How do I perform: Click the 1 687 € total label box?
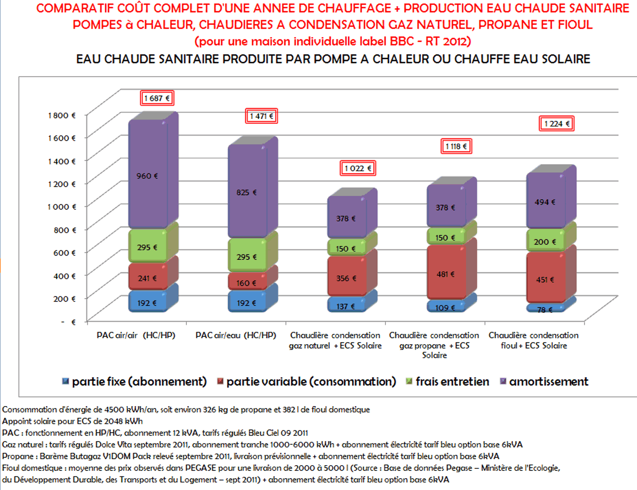click(157, 98)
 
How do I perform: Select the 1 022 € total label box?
click(358, 168)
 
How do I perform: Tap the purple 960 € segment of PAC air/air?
click(148, 176)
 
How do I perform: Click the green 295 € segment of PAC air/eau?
click(247, 256)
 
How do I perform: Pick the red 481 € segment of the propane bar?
click(445, 274)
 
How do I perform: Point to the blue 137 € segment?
click(346, 306)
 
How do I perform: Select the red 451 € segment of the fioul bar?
click(545, 279)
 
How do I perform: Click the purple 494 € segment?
click(545, 202)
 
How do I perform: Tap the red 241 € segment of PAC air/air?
click(148, 278)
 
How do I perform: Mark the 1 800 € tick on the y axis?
click(62, 115)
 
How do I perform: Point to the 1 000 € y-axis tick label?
click(62, 207)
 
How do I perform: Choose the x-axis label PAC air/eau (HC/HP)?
click(236, 335)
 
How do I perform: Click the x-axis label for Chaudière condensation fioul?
click(533, 340)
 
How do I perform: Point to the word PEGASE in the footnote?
click(201, 468)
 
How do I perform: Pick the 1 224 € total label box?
click(556, 124)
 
